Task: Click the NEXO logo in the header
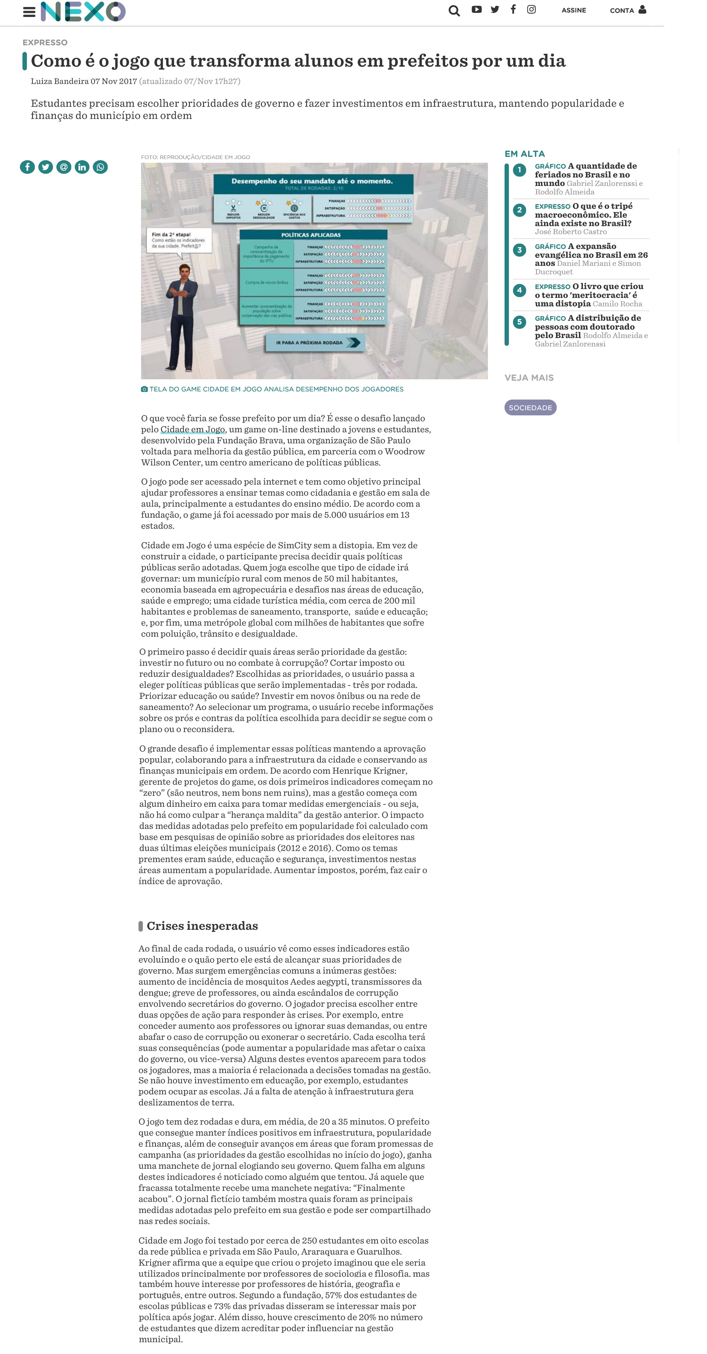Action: pyautogui.click(x=83, y=11)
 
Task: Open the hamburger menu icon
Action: pyautogui.click(x=29, y=11)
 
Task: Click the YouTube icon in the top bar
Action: pyautogui.click(x=476, y=10)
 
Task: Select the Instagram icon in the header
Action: pyautogui.click(x=531, y=10)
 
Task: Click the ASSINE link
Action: pyautogui.click(x=573, y=11)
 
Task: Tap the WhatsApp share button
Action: pyautogui.click(x=100, y=167)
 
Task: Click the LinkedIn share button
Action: pyautogui.click(x=82, y=167)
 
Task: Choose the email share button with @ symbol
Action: pyautogui.click(x=64, y=167)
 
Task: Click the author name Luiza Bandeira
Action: pyautogui.click(x=59, y=81)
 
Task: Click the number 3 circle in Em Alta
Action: pyautogui.click(x=519, y=250)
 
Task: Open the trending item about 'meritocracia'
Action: pyautogui.click(x=589, y=295)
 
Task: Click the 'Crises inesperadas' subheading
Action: pyautogui.click(x=202, y=926)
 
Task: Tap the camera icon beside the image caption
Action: pyautogui.click(x=144, y=390)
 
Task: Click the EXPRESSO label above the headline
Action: pyautogui.click(x=45, y=43)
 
